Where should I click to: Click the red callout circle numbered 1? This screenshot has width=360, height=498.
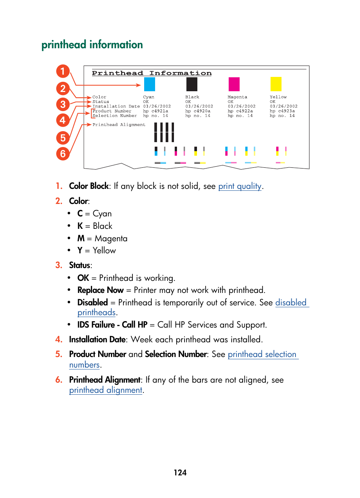pos(63,71)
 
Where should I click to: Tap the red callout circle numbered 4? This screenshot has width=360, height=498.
pos(63,120)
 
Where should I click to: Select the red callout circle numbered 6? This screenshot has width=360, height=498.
pos(63,153)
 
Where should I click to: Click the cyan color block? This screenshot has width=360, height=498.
pos(149,84)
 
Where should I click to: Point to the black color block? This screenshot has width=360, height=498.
pos(192,84)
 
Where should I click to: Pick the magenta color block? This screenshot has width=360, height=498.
pos(234,84)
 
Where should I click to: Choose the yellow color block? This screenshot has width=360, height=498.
pos(276,84)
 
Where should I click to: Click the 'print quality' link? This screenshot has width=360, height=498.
pos(240,186)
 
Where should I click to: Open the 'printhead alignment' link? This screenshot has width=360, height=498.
pos(106,390)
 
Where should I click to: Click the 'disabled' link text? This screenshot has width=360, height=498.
pos(291,303)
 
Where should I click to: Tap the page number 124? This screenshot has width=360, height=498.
pos(180,473)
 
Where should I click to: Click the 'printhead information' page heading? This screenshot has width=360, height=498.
pos(92,45)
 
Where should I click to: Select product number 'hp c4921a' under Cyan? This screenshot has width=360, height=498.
pos(155,111)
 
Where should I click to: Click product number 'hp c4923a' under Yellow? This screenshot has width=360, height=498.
pos(282,111)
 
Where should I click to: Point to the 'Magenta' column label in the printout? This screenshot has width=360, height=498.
pos(237,97)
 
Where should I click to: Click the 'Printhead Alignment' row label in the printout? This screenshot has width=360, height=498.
pos(119,125)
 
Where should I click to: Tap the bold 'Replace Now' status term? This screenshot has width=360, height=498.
pos(100,290)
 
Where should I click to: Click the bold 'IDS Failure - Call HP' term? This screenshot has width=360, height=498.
pos(112,325)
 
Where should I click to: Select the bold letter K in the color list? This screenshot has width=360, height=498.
pos(80,226)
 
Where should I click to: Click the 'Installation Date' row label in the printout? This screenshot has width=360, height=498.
pos(116,107)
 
